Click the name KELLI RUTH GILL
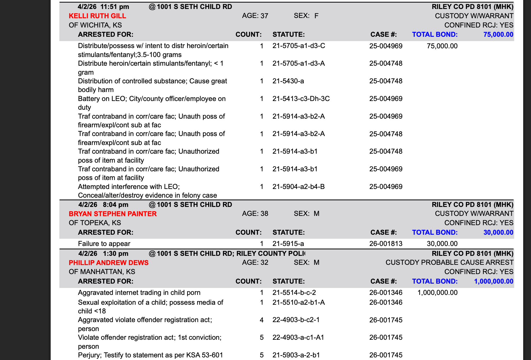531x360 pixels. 97,16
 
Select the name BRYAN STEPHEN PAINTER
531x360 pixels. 113,214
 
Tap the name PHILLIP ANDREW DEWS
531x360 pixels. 109,263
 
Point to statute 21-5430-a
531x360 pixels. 288,81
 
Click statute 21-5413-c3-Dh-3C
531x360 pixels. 301,99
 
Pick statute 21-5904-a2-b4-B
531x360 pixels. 299,187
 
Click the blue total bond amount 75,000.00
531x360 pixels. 498,34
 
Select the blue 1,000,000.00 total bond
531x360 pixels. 493,281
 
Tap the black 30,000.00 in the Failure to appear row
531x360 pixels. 442,244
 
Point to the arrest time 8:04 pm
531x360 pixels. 115,205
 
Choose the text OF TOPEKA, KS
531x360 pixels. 95,223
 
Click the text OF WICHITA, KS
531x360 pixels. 95,25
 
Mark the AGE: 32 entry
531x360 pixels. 255,262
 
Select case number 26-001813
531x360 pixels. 386,244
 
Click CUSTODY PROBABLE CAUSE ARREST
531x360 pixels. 449,262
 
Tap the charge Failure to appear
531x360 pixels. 104,244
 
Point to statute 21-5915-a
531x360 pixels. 288,244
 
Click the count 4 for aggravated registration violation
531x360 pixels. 262,320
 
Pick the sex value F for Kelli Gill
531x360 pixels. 316,16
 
